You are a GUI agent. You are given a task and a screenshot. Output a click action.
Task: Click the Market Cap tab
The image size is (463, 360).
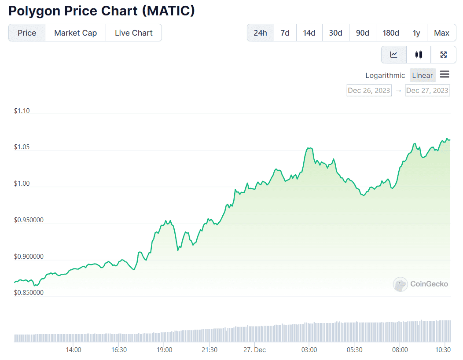click(x=75, y=33)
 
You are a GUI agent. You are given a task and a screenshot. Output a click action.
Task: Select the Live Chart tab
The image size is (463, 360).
click(x=133, y=33)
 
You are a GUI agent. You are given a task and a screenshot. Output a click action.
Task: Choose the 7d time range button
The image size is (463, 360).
click(x=285, y=33)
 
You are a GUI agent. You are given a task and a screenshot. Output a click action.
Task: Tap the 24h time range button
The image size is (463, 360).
click(x=260, y=33)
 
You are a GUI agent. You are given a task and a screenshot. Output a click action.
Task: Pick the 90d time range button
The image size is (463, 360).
click(x=362, y=33)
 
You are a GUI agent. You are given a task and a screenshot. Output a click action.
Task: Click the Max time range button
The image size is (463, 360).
click(x=441, y=33)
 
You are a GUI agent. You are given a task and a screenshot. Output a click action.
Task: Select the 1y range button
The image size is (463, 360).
click(x=416, y=33)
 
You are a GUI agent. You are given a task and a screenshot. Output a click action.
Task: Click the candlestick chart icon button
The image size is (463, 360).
click(x=419, y=55)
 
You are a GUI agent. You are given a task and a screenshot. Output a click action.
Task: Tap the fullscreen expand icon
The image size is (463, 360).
click(x=444, y=55)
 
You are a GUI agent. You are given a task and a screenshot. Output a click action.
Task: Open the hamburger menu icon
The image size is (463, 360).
click(x=445, y=74)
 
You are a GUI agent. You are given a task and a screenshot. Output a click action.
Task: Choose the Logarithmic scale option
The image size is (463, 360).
click(x=385, y=76)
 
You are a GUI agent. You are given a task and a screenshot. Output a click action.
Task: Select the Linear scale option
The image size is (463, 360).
click(x=422, y=76)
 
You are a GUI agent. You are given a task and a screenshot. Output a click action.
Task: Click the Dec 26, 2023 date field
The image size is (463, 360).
click(x=369, y=91)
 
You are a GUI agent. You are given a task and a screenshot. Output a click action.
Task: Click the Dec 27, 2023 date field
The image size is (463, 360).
click(x=427, y=91)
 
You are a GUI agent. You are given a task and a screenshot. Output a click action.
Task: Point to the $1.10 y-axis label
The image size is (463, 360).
click(x=22, y=111)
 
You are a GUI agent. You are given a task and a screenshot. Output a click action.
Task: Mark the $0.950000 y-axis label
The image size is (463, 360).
click(x=29, y=220)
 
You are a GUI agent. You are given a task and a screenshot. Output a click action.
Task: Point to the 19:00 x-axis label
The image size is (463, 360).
click(x=164, y=350)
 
